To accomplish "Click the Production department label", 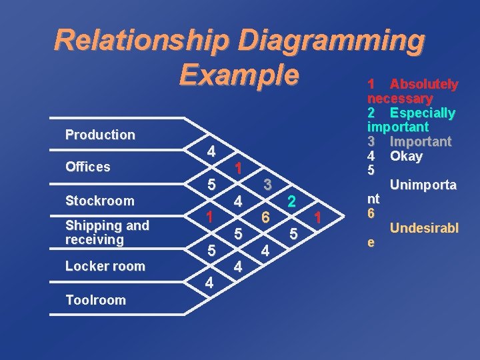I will pos(100,135).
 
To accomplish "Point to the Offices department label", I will pos(88,167).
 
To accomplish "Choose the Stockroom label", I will pos(100,201).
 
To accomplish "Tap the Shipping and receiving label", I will pos(107,232).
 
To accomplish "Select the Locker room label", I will pos(105,266).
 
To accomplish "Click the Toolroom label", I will pos(95,300).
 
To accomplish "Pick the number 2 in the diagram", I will pos(292,201).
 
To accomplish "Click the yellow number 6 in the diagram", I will pos(265,217).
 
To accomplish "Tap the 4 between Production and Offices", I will pos(210,151).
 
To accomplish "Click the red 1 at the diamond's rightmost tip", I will pos(319,217).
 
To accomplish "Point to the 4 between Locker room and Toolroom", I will pos(209,283).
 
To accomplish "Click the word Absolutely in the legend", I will pos(423,85).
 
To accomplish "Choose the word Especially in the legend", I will pos(423,113).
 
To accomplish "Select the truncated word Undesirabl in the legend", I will pos(424,229).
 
